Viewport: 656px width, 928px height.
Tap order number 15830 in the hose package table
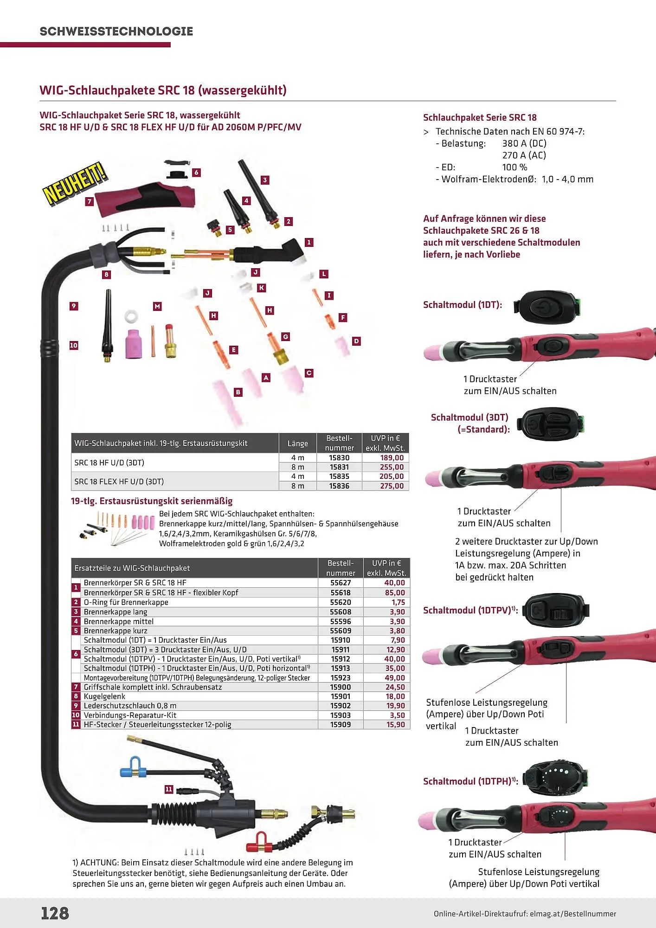click(x=339, y=458)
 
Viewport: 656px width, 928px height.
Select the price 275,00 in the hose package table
click(x=392, y=486)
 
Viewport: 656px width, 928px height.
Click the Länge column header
click(x=297, y=443)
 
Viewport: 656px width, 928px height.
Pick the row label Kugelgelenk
click(x=104, y=696)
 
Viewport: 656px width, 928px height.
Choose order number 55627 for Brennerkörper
click(x=341, y=583)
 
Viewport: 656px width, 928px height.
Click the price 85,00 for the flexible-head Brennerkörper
click(x=394, y=593)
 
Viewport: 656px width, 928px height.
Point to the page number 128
click(x=55, y=913)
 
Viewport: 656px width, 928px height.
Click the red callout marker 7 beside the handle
click(x=90, y=201)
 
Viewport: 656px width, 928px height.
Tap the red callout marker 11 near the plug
click(x=169, y=789)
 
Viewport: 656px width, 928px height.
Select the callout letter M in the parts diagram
click(x=157, y=306)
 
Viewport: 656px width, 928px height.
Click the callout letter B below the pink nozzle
click(x=238, y=392)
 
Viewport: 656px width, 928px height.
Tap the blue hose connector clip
click(x=132, y=769)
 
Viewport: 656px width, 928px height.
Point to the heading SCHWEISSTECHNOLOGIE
click(x=116, y=32)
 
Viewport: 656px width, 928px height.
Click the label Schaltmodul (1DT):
click(x=463, y=305)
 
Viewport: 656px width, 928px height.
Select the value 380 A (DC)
click(x=524, y=143)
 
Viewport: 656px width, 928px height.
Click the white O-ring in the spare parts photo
click(x=131, y=317)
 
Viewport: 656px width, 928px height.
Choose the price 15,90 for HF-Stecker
click(x=395, y=724)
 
